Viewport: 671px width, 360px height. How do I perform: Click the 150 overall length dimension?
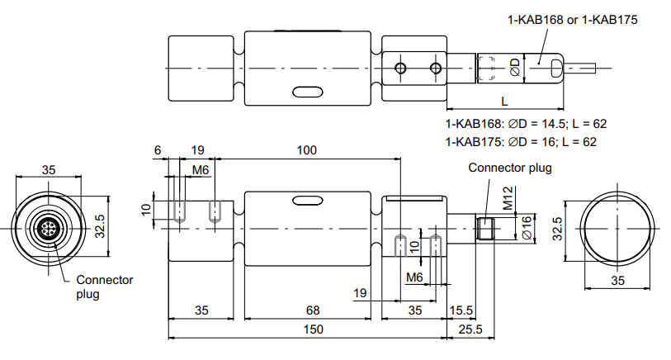(314, 329)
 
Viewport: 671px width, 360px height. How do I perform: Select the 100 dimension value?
(307, 150)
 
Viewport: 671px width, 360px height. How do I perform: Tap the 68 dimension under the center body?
(313, 310)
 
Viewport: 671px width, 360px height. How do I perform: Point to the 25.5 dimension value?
(470, 329)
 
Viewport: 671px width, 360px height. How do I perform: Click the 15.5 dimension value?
(461, 310)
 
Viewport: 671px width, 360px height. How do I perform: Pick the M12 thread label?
(508, 198)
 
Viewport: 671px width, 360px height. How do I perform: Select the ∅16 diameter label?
(527, 227)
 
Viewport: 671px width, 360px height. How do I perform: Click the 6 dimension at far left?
(158, 150)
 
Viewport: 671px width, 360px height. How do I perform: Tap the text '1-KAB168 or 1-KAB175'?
(572, 20)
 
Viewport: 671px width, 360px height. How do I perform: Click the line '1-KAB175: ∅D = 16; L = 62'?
(521, 142)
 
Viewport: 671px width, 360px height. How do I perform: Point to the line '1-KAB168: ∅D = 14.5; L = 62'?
(526, 124)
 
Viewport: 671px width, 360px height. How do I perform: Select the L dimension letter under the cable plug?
(504, 102)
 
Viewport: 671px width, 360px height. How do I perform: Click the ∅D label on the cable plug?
(515, 68)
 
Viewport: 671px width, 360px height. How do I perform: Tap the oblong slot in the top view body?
(307, 92)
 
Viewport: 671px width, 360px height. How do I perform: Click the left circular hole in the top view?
(401, 68)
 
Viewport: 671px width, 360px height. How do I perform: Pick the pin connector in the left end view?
(48, 228)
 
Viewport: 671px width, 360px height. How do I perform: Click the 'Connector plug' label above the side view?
(510, 168)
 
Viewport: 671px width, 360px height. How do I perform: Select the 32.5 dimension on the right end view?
(557, 229)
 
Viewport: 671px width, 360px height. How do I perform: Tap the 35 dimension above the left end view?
(49, 170)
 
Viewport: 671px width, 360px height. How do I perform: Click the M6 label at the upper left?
(200, 170)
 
